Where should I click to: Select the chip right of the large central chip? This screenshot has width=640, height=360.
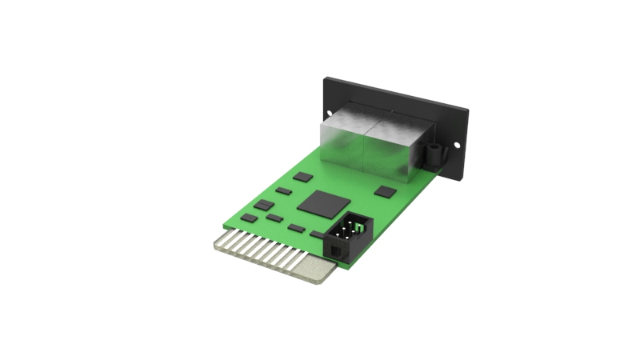(386, 191)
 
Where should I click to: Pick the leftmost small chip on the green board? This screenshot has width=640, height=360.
(249, 218)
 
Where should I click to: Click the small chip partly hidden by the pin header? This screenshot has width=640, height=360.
(318, 234)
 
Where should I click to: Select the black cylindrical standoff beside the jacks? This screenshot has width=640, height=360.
(433, 154)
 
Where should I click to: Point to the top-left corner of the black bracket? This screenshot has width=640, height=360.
(325, 78)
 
